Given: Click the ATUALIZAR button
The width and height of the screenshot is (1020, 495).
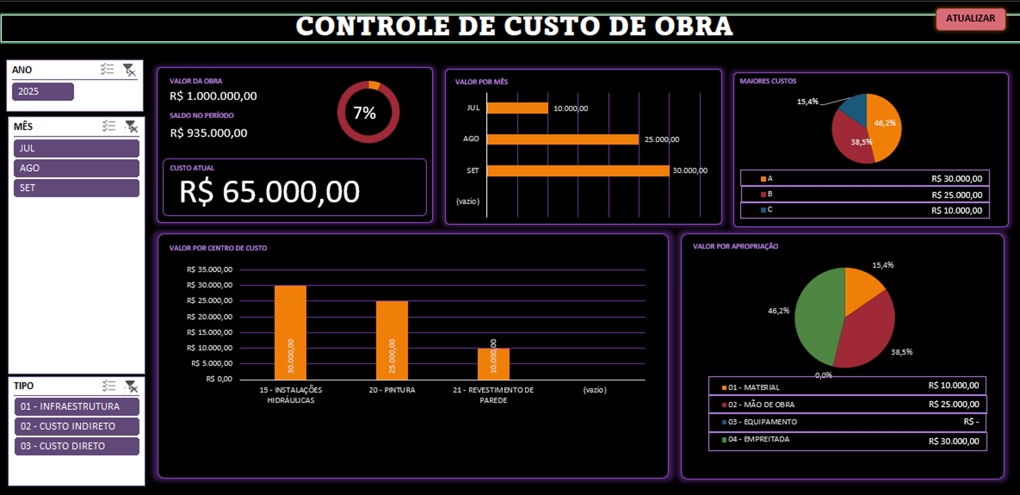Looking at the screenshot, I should coord(970,19).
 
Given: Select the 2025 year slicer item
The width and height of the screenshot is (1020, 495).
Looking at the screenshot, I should coord(42,91).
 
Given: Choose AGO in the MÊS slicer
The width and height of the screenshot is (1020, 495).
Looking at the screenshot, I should coord(76,168).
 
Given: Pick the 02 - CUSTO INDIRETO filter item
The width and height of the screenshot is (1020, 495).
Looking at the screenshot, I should coord(76,426).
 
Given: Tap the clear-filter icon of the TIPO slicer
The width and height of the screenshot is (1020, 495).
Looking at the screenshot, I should coord(131,387).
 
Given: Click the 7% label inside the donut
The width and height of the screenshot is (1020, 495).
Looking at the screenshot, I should coord(364,113).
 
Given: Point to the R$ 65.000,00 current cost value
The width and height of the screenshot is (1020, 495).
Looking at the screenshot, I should coord(269,192).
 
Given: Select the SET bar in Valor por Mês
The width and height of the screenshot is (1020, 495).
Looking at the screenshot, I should coord(577,171).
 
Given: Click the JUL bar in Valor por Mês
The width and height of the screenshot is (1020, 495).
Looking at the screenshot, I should coord(517,108).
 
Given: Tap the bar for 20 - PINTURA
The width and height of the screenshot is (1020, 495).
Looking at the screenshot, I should coord(392,340).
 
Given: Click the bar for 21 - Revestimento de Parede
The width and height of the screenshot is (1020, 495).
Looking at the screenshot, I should coord(493,364).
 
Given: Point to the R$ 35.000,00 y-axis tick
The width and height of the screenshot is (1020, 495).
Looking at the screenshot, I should coord(209,270).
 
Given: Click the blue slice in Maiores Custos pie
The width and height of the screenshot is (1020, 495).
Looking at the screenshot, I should coord(854,109).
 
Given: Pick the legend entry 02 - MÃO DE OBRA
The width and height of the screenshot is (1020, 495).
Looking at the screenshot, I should coord(761,405).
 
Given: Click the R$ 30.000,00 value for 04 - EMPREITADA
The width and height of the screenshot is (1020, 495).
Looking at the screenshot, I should coord(954,441).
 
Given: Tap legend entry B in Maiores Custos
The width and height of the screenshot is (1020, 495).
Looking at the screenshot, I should coord(769,194).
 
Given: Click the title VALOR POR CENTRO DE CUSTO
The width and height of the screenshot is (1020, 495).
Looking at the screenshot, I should coord(218,248).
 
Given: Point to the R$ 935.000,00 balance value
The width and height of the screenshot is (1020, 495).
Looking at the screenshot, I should coord(208,133).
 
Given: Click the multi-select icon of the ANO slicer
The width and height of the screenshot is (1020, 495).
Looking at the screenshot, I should coord(107,69).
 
